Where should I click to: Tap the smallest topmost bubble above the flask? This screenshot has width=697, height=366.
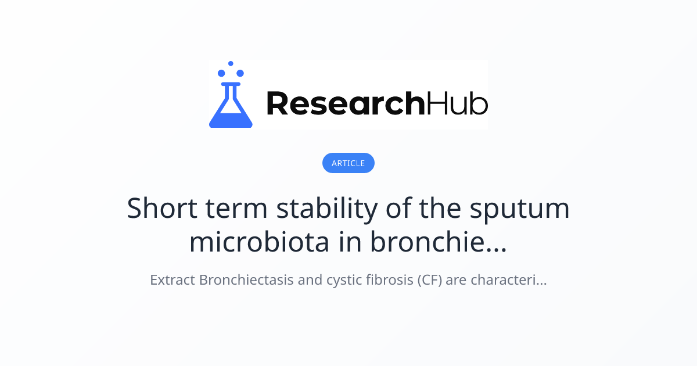click(231, 63)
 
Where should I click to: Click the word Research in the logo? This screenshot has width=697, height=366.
click(345, 103)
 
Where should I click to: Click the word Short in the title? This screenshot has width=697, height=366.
click(157, 208)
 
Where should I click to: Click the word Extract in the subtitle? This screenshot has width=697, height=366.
click(173, 280)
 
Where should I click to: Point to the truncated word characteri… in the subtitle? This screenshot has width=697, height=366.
click(509, 280)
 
